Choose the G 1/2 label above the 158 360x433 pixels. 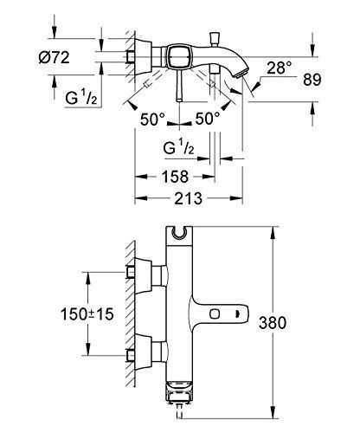[x=183, y=149]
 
